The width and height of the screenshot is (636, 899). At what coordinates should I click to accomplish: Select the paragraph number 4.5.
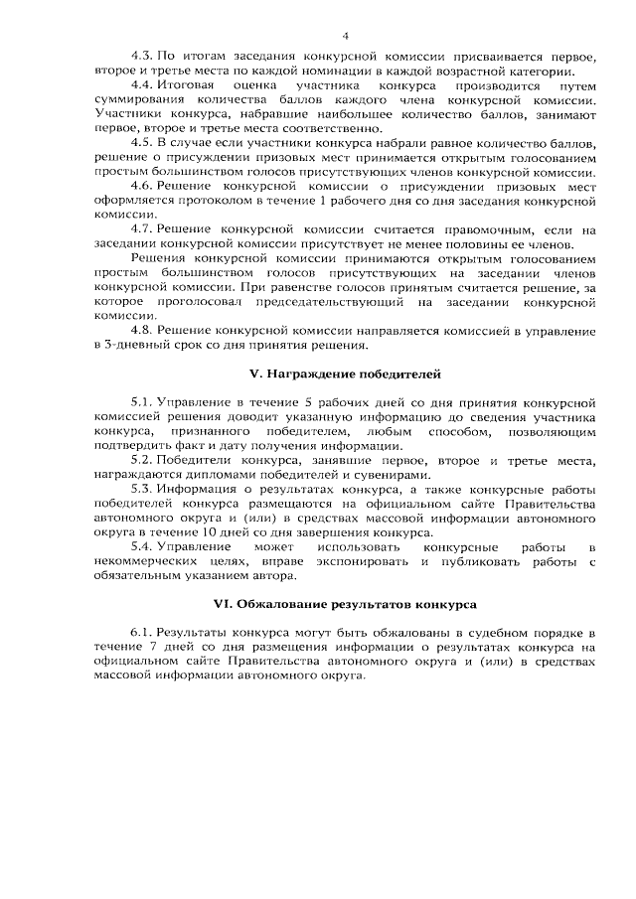pos(142,143)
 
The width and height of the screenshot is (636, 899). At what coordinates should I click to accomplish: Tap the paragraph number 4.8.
pos(142,330)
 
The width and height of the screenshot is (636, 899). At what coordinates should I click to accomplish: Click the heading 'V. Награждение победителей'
pos(344,375)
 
